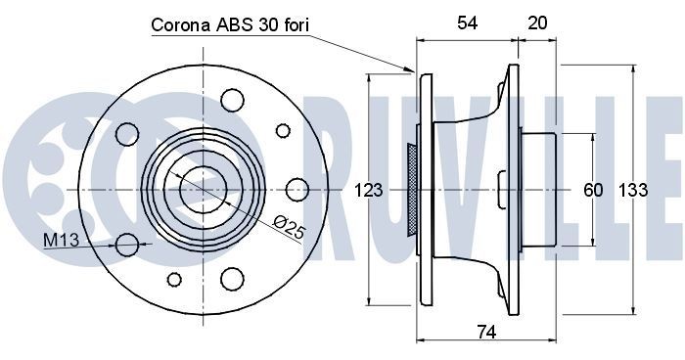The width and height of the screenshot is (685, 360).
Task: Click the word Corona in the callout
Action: pyautogui.click(x=182, y=26)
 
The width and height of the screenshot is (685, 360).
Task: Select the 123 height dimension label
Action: pyautogui.click(x=368, y=191)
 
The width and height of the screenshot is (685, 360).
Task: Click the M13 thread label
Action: pyautogui.click(x=58, y=239)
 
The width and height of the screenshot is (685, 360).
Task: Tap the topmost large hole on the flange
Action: pyautogui.click(x=232, y=99)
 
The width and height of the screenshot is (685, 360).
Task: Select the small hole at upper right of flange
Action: pyautogui.click(x=283, y=130)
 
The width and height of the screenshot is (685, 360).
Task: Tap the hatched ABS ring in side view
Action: pyautogui.click(x=413, y=187)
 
